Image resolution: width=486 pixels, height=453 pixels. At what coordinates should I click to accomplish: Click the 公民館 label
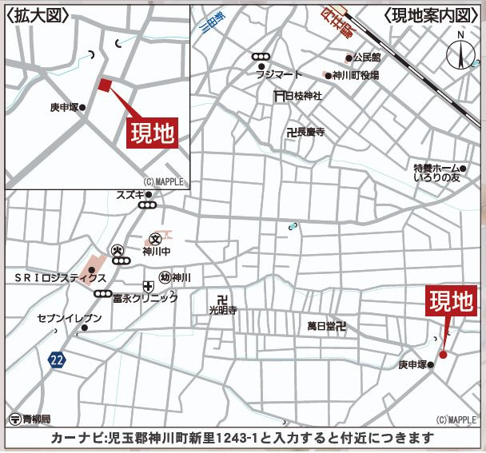pos(368,58)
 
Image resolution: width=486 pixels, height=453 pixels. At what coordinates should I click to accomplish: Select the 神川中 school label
pos(156,251)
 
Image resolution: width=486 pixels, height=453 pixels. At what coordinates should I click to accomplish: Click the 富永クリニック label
pos(145,298)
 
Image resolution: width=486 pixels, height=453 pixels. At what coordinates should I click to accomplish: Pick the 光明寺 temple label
pos(223,308)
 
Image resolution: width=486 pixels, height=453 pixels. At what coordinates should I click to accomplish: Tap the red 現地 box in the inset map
pos(151,133)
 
